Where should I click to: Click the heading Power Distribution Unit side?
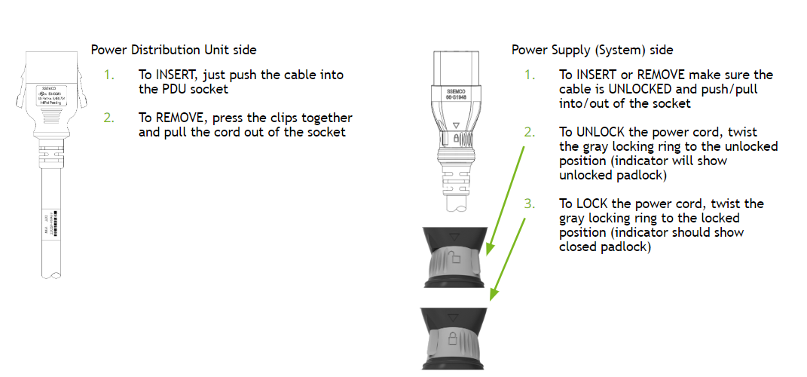[x=173, y=50]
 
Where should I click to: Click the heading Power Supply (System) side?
[x=592, y=50]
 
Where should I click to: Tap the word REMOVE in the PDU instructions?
[x=179, y=118]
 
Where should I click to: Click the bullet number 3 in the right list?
[x=531, y=204]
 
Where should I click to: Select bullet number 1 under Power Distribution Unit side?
[x=109, y=75]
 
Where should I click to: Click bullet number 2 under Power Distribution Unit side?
[x=109, y=118]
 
